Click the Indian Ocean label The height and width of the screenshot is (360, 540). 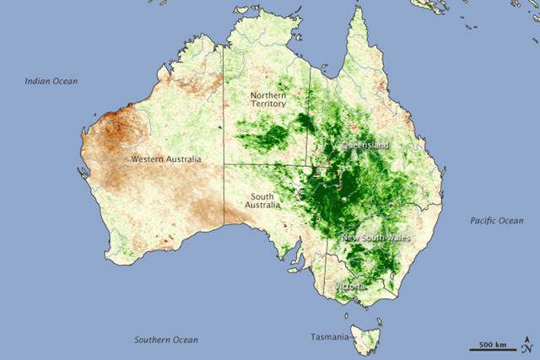coord(51,82)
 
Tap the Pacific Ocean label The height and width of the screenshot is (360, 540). coord(496,221)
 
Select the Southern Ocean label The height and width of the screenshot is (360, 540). coord(166,340)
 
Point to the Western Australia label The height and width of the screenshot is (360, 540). coord(166,159)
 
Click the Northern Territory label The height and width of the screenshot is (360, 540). coord(268,101)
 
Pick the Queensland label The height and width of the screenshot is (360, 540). coord(365,145)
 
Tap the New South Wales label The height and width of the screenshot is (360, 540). coord(375,239)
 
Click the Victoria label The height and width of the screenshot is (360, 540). coord(349,287)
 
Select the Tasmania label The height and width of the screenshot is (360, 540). coord(328,338)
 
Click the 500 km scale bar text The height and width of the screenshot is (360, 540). coord(493,345)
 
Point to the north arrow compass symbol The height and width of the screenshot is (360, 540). coord(526,346)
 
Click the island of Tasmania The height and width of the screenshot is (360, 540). coord(367,340)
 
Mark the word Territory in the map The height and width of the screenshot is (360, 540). coord(268,106)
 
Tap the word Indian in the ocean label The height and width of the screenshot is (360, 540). coord(37,82)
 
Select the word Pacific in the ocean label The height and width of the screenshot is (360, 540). coord(483,221)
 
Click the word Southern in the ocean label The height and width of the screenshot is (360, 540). coord(154,340)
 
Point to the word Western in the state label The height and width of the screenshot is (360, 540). coord(148,159)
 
